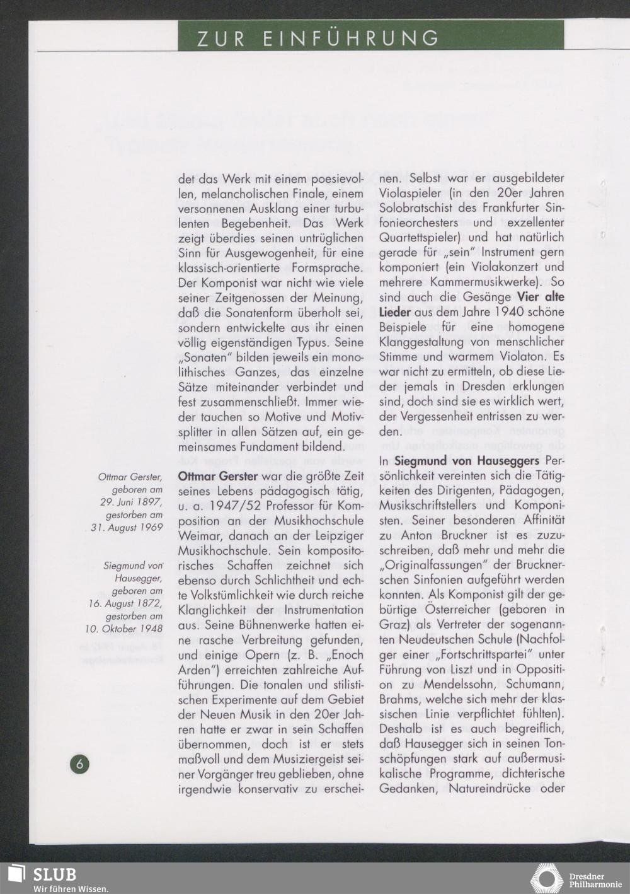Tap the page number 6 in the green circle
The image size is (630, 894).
pyautogui.click(x=80, y=763)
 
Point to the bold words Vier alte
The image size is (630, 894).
pyautogui.click(x=541, y=297)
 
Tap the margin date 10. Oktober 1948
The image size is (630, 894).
pyautogui.click(x=124, y=628)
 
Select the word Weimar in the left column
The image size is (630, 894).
pyautogui.click(x=199, y=536)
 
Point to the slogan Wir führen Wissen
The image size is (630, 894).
pyautogui.click(x=71, y=888)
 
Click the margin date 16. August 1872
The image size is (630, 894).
pyautogui.click(x=125, y=603)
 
